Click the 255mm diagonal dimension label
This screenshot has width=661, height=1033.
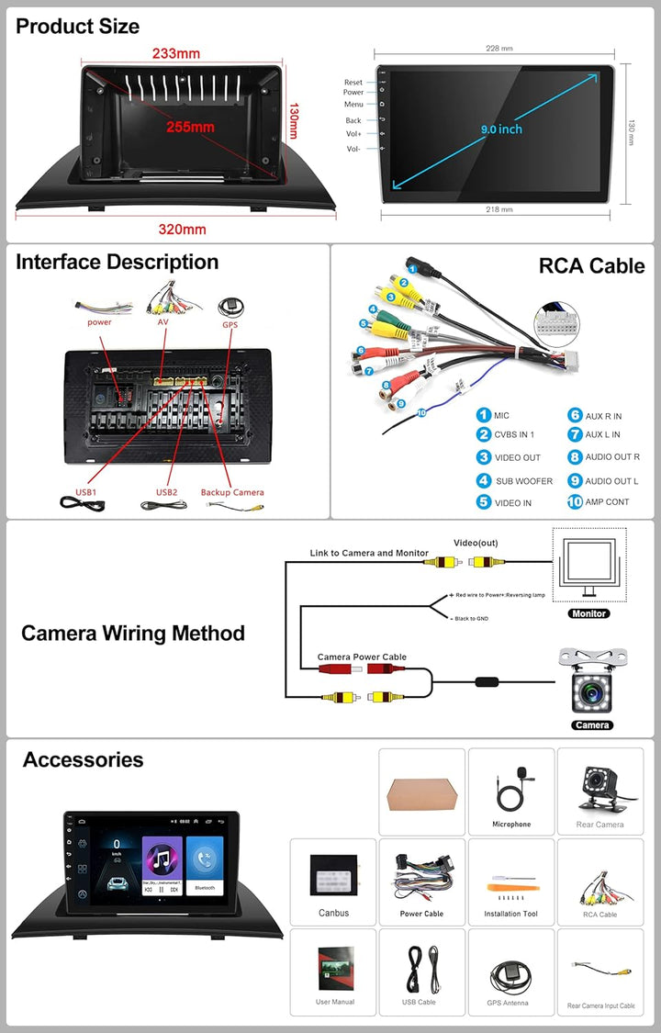pyautogui.click(x=190, y=127)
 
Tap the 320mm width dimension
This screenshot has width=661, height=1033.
pyautogui.click(x=182, y=229)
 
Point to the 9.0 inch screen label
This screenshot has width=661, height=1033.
pyautogui.click(x=502, y=129)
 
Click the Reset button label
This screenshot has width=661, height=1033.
pyautogui.click(x=353, y=83)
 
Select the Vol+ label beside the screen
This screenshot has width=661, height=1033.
pyautogui.click(x=353, y=134)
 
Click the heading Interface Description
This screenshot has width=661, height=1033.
pyautogui.click(x=117, y=262)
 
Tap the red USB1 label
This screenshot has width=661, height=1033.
pyautogui.click(x=86, y=492)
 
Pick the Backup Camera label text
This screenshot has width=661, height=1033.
pyautogui.click(x=232, y=492)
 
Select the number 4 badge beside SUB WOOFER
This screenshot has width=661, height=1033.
pyautogui.click(x=483, y=480)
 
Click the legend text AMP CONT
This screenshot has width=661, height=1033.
pyautogui.click(x=607, y=502)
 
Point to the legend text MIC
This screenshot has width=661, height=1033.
pyautogui.click(x=501, y=416)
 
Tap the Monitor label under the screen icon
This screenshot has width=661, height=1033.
pyautogui.click(x=588, y=613)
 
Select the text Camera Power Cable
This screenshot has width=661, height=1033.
pyautogui.click(x=362, y=657)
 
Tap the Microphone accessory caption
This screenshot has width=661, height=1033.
pyautogui.click(x=511, y=825)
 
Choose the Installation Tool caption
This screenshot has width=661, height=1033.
pyautogui.click(x=511, y=914)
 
